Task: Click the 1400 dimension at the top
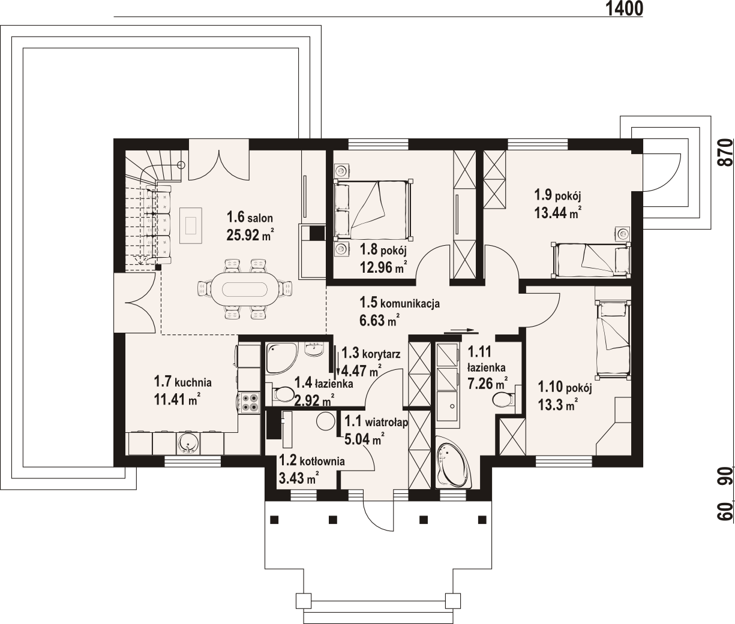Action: pos(624,8)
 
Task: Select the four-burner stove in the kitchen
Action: pos(250,402)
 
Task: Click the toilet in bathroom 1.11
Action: pos(504,400)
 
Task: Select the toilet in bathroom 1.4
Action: pos(281,394)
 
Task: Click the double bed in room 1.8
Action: pos(373,209)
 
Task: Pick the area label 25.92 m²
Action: pos(250,234)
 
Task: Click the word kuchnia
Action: pos(193,382)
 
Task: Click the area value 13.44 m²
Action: pos(558,213)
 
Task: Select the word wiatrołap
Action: pos(386,422)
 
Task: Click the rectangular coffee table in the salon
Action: pos(191,225)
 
